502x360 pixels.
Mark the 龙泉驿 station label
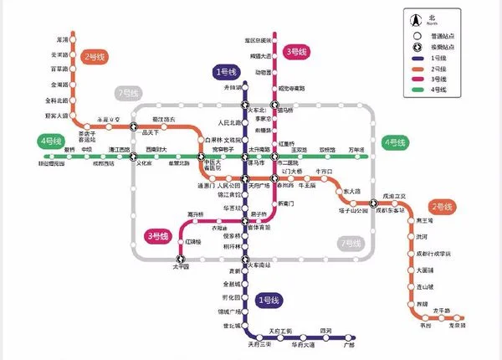coord(479,326)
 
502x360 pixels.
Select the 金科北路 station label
coord(54,100)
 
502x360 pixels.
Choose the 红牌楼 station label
coord(194,243)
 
